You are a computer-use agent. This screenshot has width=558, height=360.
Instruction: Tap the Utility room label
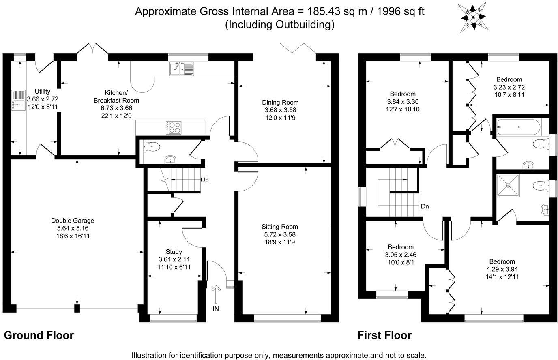click(x=43, y=91)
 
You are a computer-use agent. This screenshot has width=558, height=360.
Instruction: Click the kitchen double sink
click(x=182, y=69)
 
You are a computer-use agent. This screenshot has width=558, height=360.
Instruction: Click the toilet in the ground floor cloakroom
click(x=152, y=146)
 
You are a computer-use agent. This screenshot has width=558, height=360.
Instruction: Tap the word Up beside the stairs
click(x=205, y=180)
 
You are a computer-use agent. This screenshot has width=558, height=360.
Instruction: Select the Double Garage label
click(x=73, y=221)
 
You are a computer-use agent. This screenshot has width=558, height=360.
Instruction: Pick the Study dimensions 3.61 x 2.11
click(x=174, y=259)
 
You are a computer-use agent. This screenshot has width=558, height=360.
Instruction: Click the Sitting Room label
click(x=279, y=227)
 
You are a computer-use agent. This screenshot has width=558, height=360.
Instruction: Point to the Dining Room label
click(x=280, y=102)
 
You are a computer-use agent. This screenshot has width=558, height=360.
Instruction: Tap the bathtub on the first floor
click(x=519, y=127)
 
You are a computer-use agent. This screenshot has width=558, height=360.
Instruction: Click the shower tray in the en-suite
click(x=507, y=185)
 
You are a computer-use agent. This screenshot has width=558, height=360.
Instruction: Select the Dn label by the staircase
click(x=425, y=206)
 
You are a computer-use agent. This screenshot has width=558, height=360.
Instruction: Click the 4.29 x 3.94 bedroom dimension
click(x=502, y=269)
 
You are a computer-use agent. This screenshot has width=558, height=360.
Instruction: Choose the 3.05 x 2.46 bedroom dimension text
click(x=400, y=255)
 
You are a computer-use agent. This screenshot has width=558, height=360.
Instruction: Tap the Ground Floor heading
click(x=39, y=335)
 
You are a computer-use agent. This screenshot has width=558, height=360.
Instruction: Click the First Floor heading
click(x=384, y=335)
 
